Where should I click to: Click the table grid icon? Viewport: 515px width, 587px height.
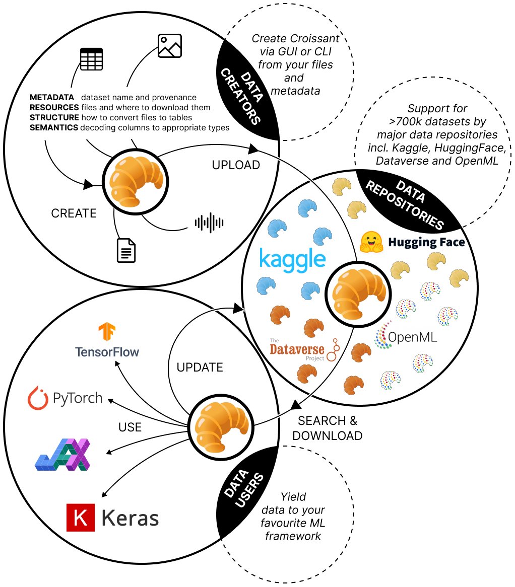[92, 59]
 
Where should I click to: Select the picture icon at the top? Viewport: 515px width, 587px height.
[169, 46]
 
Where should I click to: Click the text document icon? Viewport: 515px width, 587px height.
[126, 250]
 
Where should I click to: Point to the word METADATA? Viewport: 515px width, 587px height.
[52, 97]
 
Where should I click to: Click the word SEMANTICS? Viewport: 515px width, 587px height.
[54, 128]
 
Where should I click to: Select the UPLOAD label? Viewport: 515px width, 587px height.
[236, 165]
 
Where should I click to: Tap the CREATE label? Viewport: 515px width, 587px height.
[74, 213]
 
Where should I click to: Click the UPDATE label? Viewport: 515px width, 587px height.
[200, 368]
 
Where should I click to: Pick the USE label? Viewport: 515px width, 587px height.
[130, 427]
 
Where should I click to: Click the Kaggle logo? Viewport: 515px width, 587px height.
[292, 260]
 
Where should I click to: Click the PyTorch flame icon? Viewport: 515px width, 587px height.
[37, 398]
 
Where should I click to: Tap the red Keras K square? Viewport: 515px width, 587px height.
[81, 517]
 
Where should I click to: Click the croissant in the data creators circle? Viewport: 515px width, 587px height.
[136, 179]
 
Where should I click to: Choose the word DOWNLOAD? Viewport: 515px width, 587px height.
[328, 435]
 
